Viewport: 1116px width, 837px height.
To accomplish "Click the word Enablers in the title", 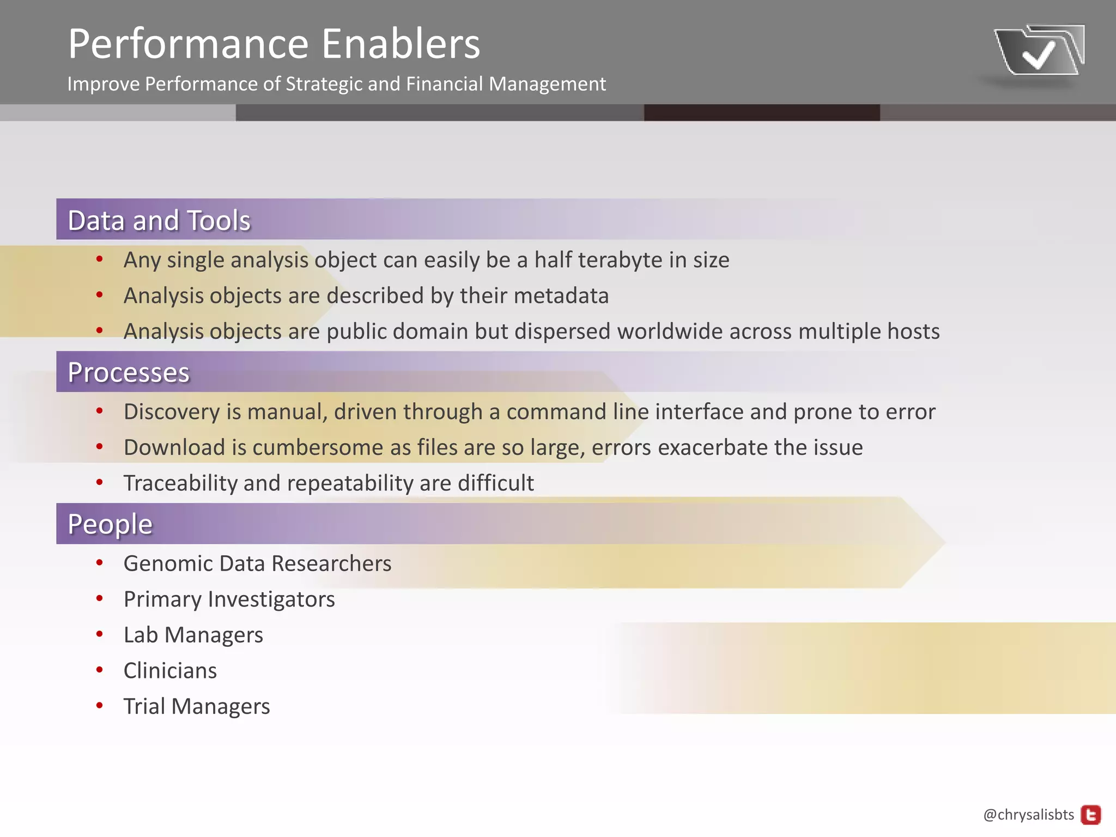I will pyautogui.click(x=401, y=44).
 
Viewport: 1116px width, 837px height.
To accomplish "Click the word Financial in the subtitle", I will pyautogui.click(x=444, y=84).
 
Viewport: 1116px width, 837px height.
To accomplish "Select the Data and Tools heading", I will pyautogui.click(x=159, y=221).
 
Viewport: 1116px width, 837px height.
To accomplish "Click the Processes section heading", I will pyautogui.click(x=129, y=373).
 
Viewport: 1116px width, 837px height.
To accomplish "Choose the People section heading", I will pyautogui.click(x=110, y=524).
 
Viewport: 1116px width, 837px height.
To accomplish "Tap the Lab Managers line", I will pyautogui.click(x=193, y=635).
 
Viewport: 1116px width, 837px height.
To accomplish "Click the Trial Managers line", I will pyautogui.click(x=196, y=707).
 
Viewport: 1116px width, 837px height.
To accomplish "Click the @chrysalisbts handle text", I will pyautogui.click(x=1028, y=815).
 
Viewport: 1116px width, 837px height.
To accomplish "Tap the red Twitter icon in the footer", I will pyautogui.click(x=1090, y=815).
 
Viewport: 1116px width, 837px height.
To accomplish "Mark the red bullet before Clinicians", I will pyautogui.click(x=99, y=670).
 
